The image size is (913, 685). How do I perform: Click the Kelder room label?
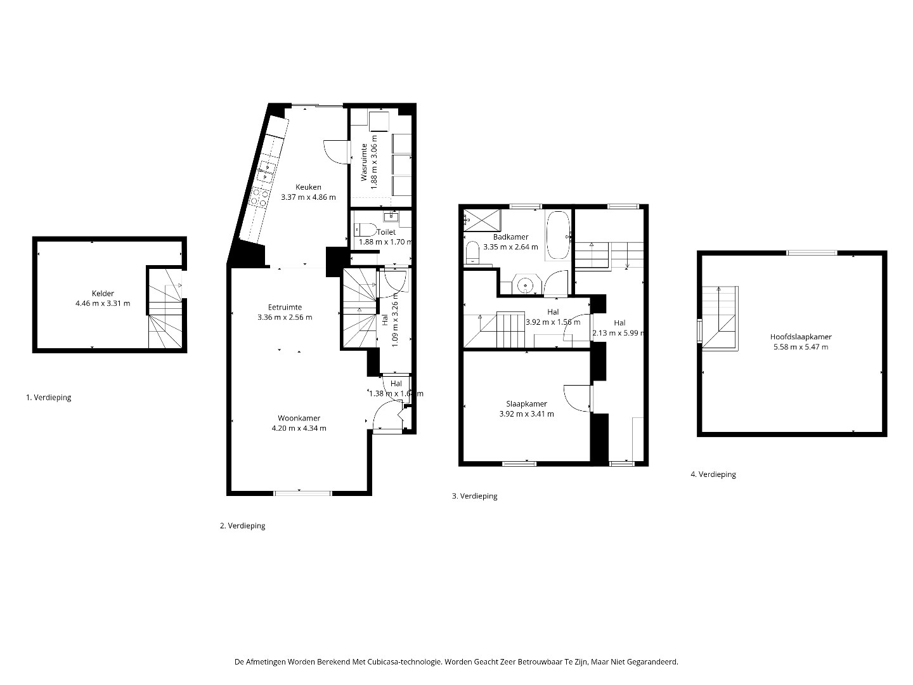(x=103, y=293)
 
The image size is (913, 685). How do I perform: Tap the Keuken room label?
(x=308, y=187)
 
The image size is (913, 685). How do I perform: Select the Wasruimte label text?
(x=364, y=162)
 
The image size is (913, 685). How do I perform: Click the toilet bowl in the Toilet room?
(x=365, y=230)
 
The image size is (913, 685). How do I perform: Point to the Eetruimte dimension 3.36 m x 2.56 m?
(x=285, y=317)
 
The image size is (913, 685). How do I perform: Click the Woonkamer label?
(x=299, y=418)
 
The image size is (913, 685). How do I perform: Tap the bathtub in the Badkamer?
(x=558, y=236)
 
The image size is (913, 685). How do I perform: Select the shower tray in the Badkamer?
(x=482, y=219)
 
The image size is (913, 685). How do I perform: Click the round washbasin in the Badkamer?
(x=526, y=285)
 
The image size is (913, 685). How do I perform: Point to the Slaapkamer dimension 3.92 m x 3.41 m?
(x=527, y=414)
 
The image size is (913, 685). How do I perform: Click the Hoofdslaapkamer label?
(x=801, y=337)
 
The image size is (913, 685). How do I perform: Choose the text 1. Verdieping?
(x=49, y=397)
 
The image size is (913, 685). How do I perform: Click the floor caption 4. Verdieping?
(x=713, y=474)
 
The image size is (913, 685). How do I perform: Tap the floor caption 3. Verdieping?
(x=475, y=496)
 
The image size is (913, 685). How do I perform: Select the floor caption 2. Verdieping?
(x=242, y=526)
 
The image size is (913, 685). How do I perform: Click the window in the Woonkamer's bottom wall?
(x=303, y=493)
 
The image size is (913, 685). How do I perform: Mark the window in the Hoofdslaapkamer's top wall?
(x=812, y=252)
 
